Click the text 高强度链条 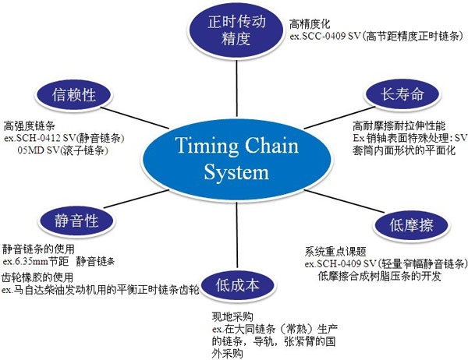coord(27,125)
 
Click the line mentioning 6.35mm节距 coord(58,262)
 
